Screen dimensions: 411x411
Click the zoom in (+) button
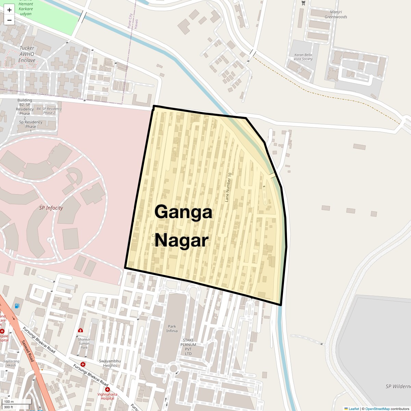coord(9,10)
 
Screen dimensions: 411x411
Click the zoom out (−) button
coord(9,20)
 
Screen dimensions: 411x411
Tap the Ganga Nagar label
coord(183,226)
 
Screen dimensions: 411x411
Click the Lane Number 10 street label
coord(228,187)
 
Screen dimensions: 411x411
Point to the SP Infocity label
coord(51,208)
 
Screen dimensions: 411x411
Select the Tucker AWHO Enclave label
coord(27,54)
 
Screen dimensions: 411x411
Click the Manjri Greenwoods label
coord(336,14)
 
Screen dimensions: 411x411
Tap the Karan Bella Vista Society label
coord(303,57)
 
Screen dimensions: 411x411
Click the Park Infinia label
coord(172,329)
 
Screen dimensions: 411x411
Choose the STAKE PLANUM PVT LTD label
coord(188,347)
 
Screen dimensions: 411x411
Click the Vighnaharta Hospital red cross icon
coord(108,390)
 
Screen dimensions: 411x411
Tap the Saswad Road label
coord(28,351)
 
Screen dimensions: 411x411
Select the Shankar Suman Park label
coord(84,343)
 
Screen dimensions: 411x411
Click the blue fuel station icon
coord(17,306)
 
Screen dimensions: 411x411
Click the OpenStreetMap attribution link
coord(377,409)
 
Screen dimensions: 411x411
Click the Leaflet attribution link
coord(354,409)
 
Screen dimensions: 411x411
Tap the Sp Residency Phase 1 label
coord(31,124)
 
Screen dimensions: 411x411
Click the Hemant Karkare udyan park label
coord(26,9)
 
